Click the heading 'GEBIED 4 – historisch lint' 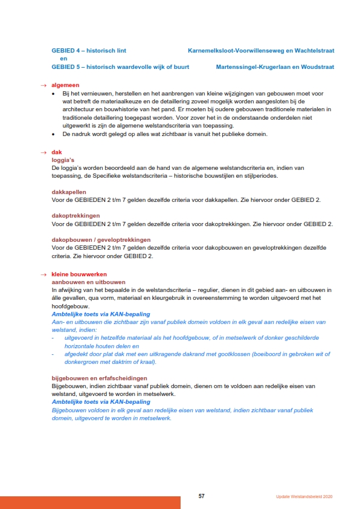[89, 51]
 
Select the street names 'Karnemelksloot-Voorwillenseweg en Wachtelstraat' [261, 51]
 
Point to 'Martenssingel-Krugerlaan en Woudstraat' [275, 67]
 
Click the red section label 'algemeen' [65, 85]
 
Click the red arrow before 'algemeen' [43, 85]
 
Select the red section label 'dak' [56, 152]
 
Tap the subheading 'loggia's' [63, 160]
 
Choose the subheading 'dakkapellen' [69, 192]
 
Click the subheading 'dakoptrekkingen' [76, 216]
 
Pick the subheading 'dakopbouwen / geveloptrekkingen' [101, 240]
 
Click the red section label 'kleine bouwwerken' [79, 274]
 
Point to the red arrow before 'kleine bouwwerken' [43, 274]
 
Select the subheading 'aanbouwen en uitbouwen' [88, 282]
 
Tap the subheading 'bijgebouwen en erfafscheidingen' [100, 378]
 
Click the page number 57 [202, 496]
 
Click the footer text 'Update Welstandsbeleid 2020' [300, 496]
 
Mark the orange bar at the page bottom [90, 502]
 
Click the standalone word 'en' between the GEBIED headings [63, 59]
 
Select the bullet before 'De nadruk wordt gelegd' [54, 134]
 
